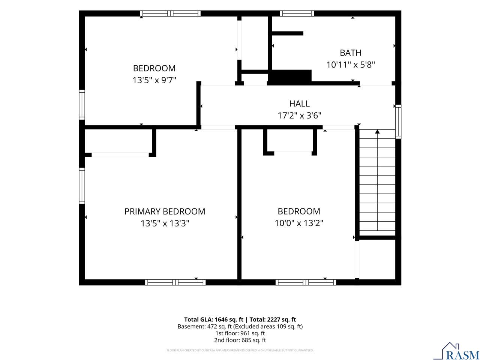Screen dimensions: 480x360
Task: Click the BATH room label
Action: click(350, 52)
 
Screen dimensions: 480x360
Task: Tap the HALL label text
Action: click(299, 103)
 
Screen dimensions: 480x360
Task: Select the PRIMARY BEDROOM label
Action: click(165, 211)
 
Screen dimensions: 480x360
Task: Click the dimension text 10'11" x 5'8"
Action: click(351, 65)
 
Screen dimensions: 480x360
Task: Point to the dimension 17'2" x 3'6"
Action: click(299, 115)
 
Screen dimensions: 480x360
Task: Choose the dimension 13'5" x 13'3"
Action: click(165, 223)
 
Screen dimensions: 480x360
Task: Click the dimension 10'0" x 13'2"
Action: click(299, 223)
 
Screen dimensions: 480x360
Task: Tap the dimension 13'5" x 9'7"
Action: click(154, 80)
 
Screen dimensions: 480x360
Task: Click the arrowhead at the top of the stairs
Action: click(377, 132)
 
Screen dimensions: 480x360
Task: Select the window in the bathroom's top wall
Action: click(297, 13)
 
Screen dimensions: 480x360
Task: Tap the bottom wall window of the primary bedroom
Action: click(175, 282)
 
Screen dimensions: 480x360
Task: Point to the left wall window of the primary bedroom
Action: click(82, 186)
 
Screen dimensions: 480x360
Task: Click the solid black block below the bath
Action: click(289, 77)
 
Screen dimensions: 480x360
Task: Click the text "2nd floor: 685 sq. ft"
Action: click(240, 340)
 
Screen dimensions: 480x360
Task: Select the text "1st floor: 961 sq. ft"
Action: click(240, 333)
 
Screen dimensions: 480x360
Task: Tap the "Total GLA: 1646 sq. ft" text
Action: click(214, 319)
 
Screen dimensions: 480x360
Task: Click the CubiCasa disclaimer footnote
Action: click(240, 350)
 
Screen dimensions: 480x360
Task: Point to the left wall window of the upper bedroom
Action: click(82, 105)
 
